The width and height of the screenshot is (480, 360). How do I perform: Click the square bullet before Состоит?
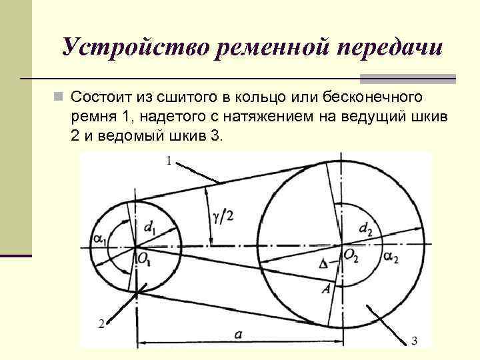[x=59, y=97]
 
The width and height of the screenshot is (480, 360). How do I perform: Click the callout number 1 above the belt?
[x=169, y=160]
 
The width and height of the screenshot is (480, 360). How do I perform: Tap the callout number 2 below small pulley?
[x=101, y=323]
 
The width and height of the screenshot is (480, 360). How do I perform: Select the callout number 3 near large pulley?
[x=414, y=341]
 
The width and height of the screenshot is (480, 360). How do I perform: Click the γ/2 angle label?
[x=224, y=215]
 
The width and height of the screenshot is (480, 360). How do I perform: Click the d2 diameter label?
[x=365, y=230]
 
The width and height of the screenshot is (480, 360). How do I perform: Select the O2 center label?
[x=352, y=254]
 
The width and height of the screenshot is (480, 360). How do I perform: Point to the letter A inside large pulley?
[x=326, y=288]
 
